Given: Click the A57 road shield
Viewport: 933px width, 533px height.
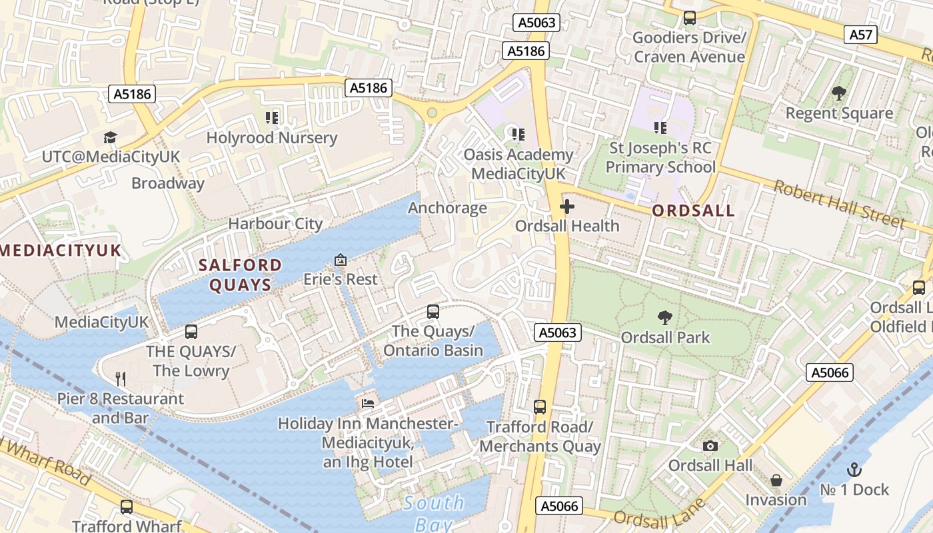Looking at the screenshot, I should [860, 35].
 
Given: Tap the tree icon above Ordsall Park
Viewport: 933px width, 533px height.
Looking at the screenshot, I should [664, 318].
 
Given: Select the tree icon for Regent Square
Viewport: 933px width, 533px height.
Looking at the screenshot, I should [838, 94].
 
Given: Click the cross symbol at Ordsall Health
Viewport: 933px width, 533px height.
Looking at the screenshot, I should [567, 207].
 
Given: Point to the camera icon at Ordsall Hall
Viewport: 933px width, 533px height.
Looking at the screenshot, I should [710, 446].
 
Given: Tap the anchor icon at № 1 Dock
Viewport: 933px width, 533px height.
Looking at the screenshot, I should [854, 470].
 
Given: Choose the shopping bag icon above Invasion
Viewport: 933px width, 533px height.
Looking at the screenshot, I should [776, 480].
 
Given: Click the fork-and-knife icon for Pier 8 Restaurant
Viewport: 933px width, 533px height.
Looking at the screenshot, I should [121, 379].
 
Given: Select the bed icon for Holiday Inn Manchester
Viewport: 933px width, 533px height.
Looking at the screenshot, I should [368, 403].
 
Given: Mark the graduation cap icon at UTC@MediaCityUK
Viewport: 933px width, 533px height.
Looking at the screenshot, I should [110, 138].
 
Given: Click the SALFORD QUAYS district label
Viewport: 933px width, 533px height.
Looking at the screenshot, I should [241, 275].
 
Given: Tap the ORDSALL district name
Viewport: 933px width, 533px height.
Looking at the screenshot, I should [693, 211].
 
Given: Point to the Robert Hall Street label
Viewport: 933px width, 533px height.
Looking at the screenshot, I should [838, 204].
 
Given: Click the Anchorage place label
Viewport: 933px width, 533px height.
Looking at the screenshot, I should [447, 208].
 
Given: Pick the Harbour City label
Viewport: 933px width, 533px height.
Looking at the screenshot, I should [275, 224].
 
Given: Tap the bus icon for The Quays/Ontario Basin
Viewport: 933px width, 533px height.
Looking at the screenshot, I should [433, 311].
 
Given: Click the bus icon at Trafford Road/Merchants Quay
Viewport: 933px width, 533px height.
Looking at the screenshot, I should [540, 406].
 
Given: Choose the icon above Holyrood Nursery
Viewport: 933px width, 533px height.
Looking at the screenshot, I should [271, 118].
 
